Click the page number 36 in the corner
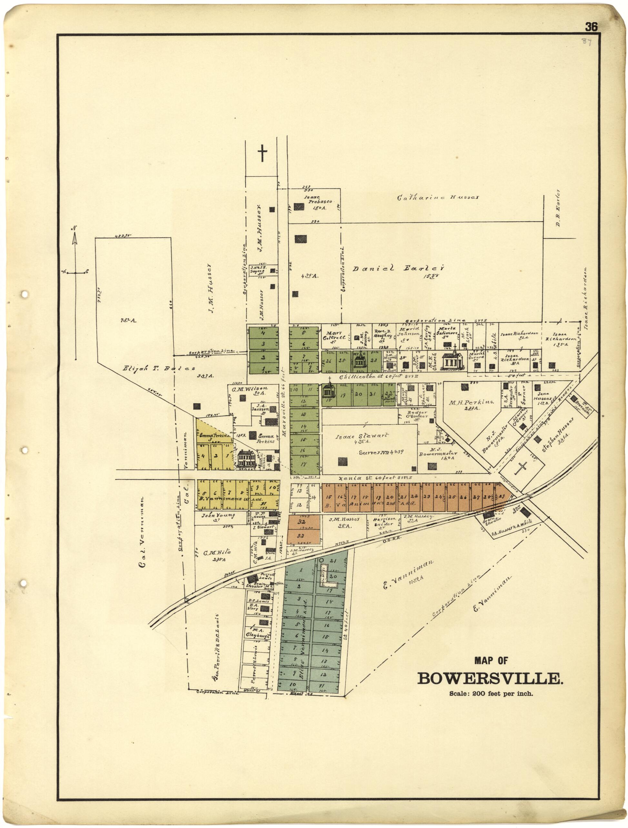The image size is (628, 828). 591,27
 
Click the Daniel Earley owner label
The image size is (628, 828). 398,268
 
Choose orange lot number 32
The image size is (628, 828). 302,522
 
